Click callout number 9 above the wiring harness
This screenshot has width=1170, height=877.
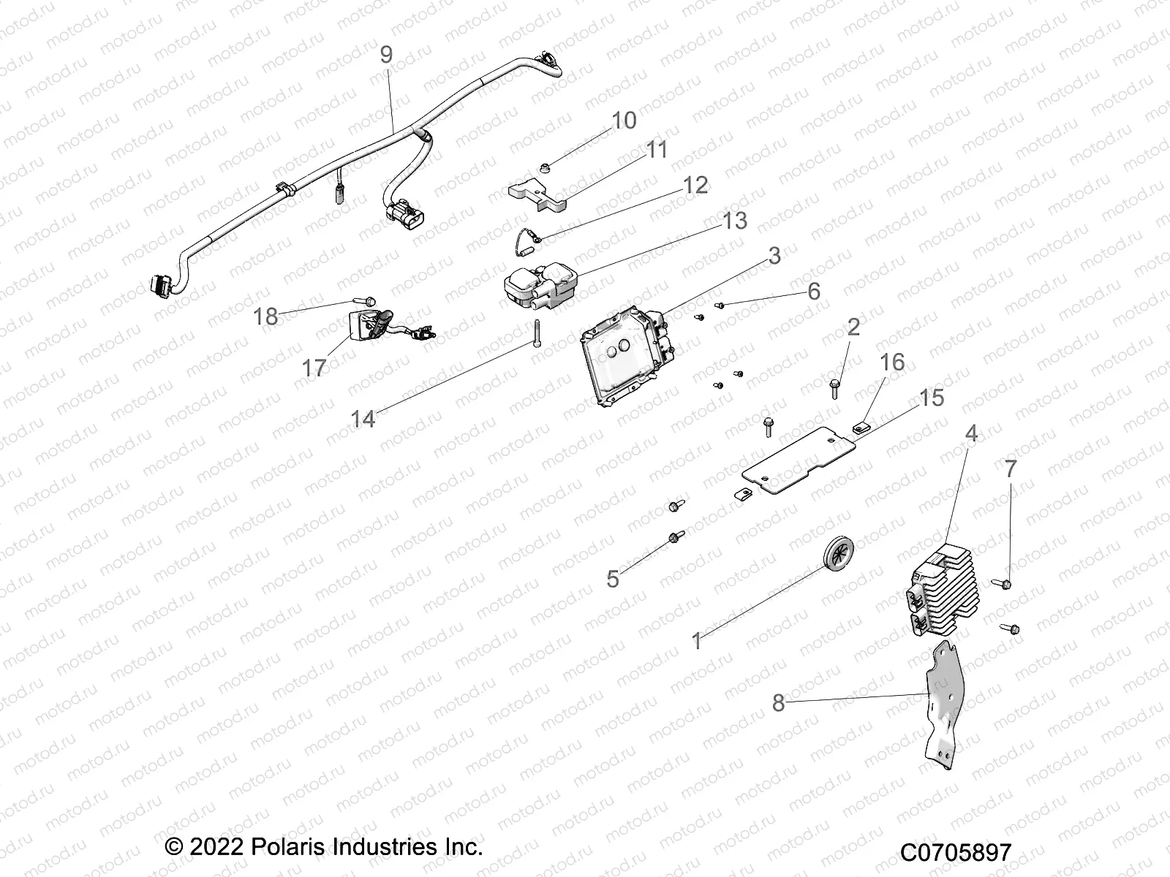tap(386, 55)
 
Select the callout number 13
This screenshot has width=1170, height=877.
tap(735, 221)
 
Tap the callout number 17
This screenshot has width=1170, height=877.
tap(314, 368)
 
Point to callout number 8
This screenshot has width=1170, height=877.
tap(778, 703)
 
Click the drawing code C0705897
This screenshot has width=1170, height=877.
tap(955, 852)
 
